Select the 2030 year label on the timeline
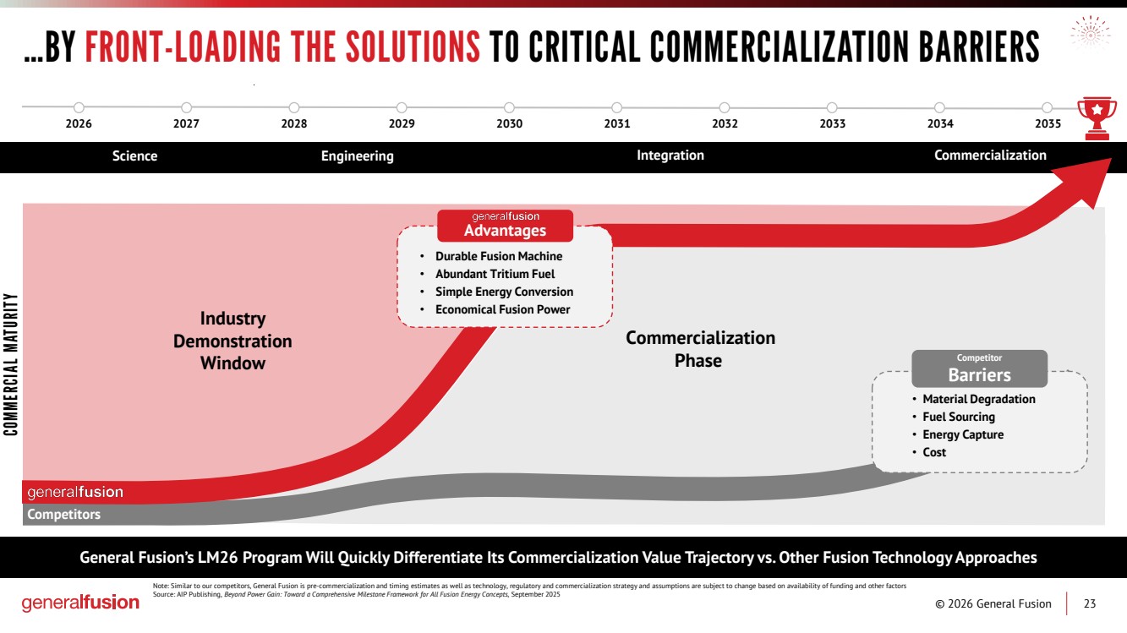(x=509, y=124)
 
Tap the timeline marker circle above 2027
(x=186, y=107)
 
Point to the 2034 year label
(x=939, y=124)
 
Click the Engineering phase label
(x=357, y=156)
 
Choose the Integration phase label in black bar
(x=670, y=156)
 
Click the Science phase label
(x=134, y=156)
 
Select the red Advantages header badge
(x=505, y=226)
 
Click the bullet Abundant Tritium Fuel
(x=495, y=274)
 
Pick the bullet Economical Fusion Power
(x=502, y=309)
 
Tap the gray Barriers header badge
(x=979, y=369)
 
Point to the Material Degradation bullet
(x=978, y=399)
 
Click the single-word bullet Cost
(x=934, y=452)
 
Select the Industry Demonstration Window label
(x=233, y=341)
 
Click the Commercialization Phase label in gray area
(x=699, y=349)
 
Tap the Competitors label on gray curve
(x=63, y=515)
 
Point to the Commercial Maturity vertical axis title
(x=11, y=364)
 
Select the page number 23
(x=1090, y=603)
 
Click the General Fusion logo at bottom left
(x=80, y=603)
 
